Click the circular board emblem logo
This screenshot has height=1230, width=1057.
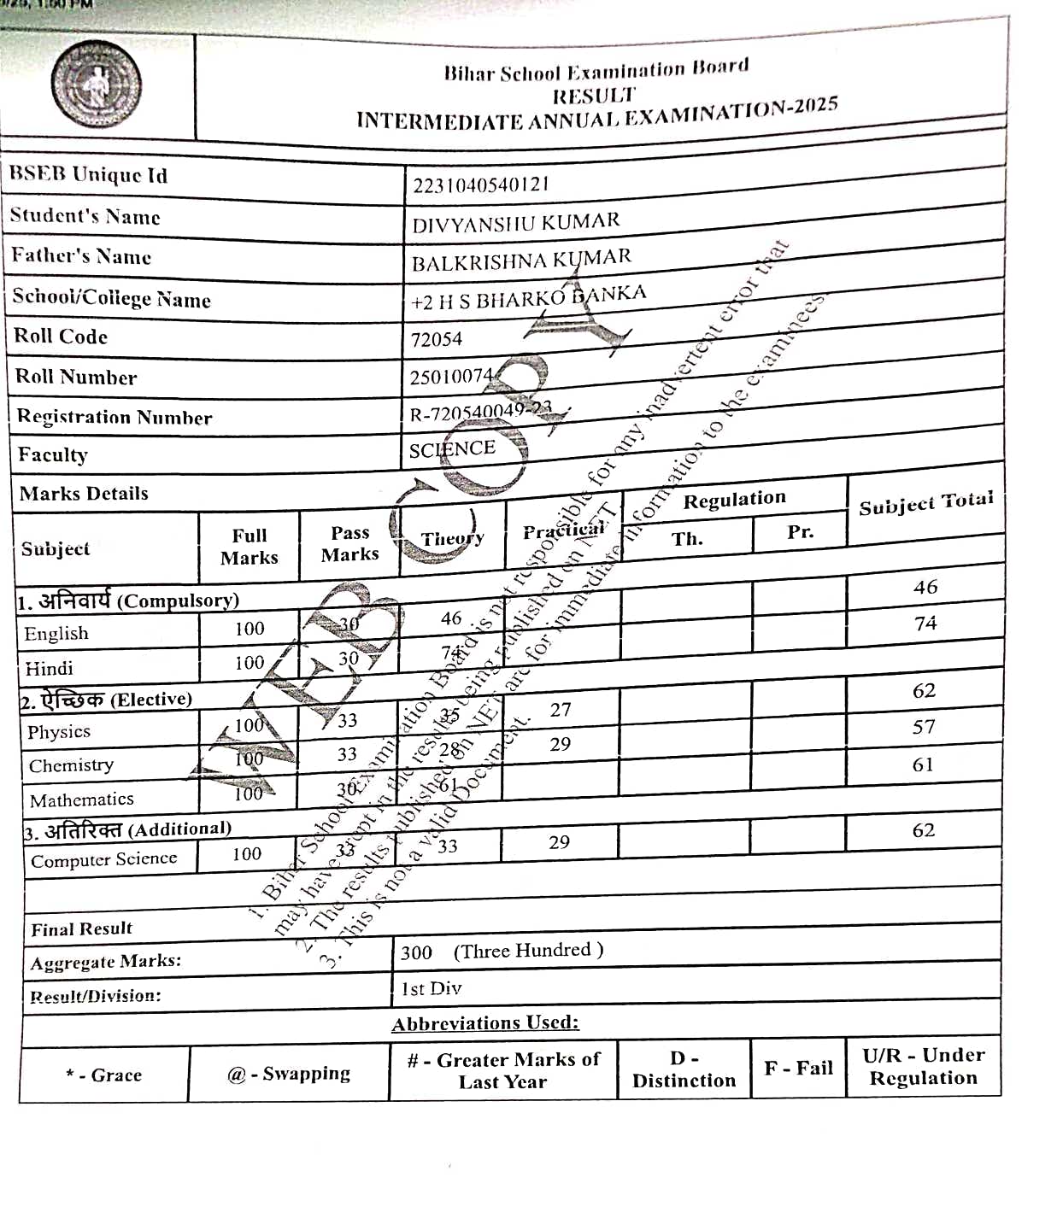(97, 85)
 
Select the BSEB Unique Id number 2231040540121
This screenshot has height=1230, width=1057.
(481, 184)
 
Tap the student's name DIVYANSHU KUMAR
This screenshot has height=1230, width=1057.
(516, 223)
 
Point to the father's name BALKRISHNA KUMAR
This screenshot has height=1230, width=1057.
(521, 260)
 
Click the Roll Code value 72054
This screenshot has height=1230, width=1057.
(437, 340)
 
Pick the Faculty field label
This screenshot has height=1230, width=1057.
(53, 454)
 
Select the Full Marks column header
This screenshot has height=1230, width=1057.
(250, 547)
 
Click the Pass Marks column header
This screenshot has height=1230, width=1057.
(349, 543)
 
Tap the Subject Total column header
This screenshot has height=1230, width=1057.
(925, 504)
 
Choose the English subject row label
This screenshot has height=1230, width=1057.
(56, 634)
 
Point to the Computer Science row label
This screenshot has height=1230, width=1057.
(104, 860)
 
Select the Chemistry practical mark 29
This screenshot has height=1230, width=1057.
(560, 744)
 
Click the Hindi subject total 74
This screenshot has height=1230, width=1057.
(925, 624)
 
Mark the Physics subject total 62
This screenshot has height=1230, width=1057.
(924, 690)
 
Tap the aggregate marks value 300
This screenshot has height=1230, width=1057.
(417, 952)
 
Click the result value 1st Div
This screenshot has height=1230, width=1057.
(432, 989)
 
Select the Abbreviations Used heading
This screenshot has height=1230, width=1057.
(485, 1023)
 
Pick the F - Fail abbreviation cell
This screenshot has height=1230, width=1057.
(798, 1069)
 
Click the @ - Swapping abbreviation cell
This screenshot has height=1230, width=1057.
(289, 1074)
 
